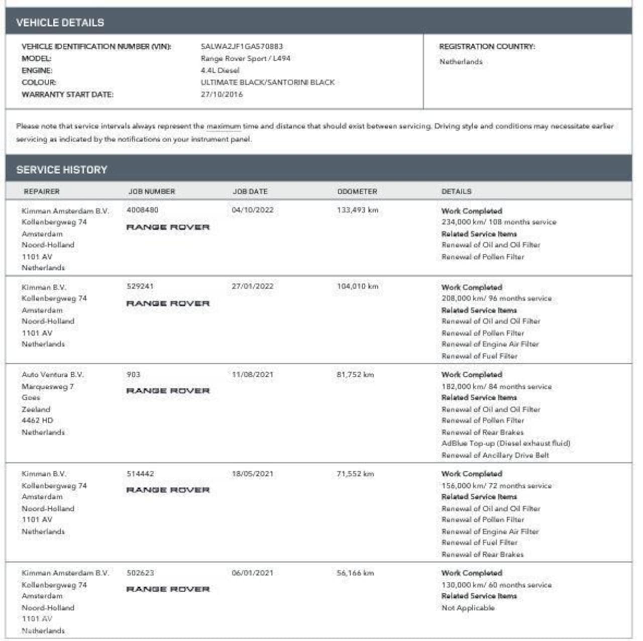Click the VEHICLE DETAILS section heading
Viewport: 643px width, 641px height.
(60, 23)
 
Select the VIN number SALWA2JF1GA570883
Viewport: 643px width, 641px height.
(242, 46)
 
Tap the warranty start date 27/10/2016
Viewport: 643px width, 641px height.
(222, 94)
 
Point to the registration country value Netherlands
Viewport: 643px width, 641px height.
(461, 62)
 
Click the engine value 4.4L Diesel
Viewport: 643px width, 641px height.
(220, 70)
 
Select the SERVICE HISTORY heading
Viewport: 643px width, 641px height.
(62, 170)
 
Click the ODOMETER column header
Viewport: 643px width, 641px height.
(357, 191)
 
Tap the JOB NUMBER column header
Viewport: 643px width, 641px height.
(151, 191)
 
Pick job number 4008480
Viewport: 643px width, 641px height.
(142, 210)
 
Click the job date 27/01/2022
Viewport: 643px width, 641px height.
(253, 286)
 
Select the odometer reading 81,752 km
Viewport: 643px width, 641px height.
(355, 375)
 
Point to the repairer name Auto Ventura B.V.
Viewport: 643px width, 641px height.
(53, 375)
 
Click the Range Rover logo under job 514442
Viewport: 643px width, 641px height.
(168, 490)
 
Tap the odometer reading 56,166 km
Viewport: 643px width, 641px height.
(355, 573)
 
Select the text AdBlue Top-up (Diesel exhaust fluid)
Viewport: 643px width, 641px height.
(506, 443)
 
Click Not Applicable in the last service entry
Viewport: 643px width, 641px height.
(468, 608)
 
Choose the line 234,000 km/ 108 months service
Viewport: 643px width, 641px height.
(499, 222)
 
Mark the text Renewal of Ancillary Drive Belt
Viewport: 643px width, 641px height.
(495, 455)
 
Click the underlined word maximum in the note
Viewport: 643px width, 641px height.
(224, 126)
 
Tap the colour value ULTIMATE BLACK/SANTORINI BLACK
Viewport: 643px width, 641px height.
(268, 82)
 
